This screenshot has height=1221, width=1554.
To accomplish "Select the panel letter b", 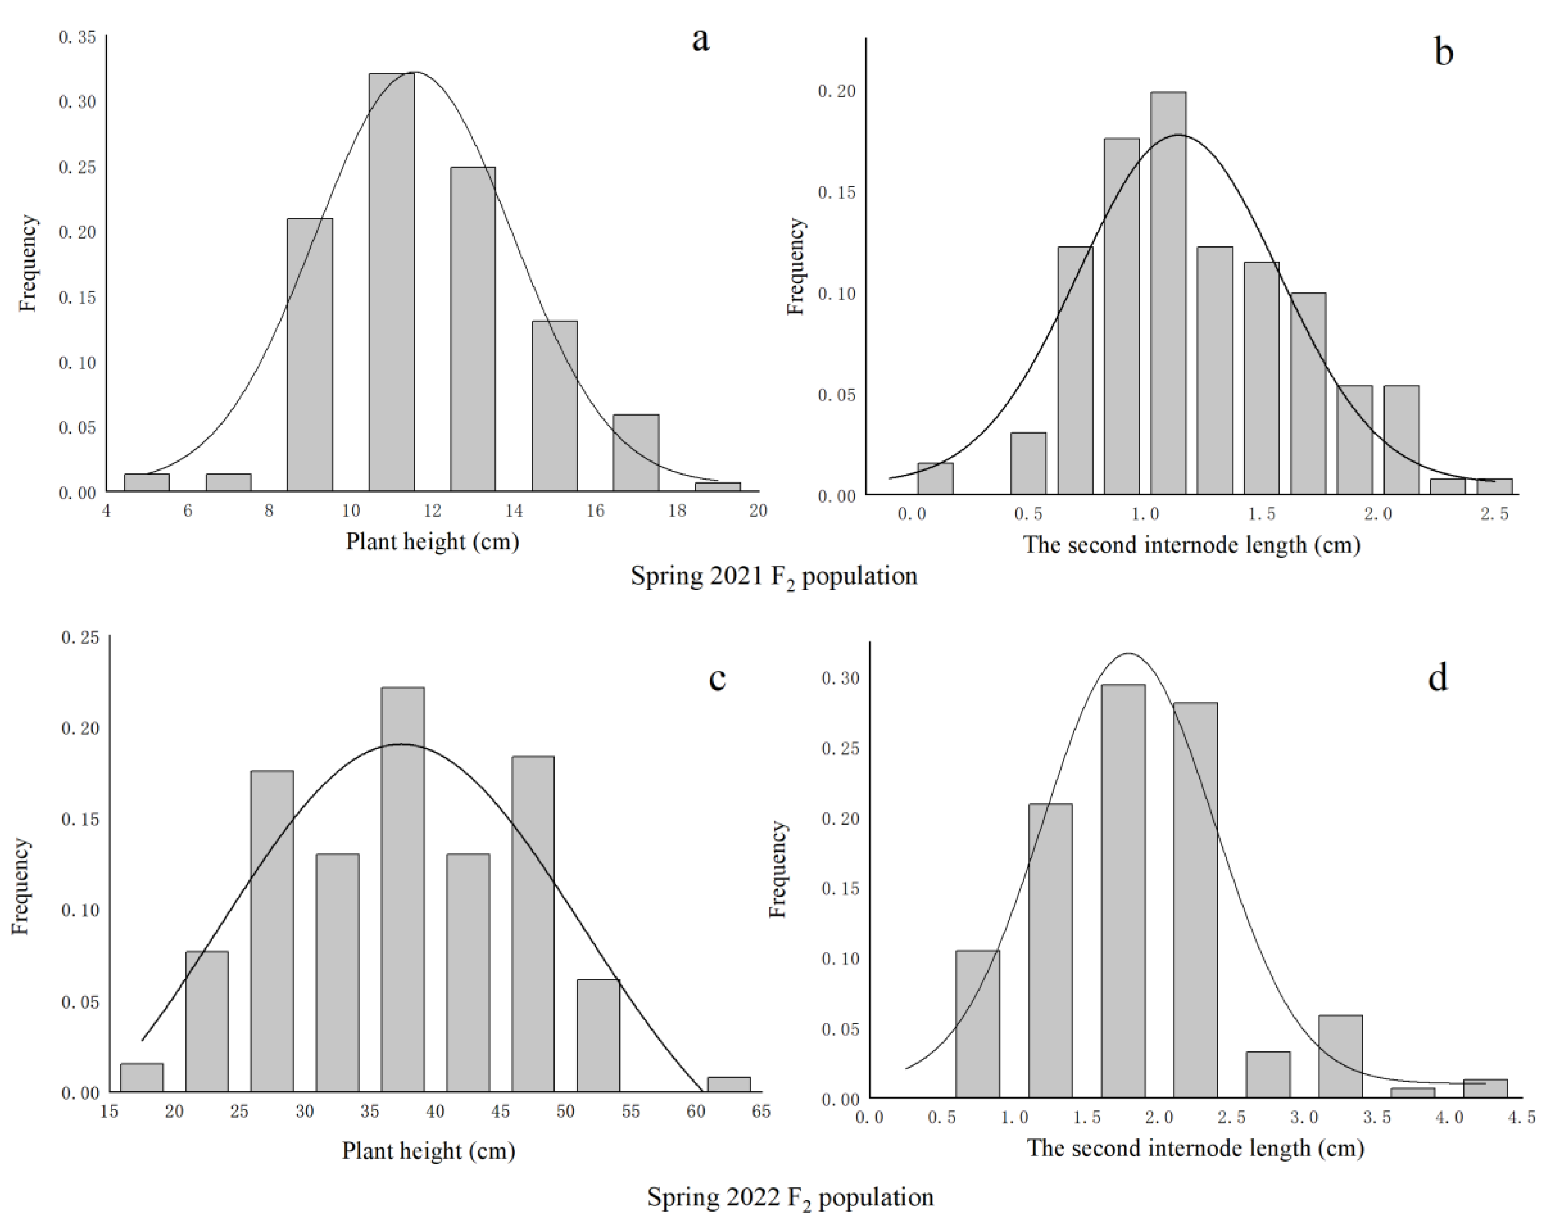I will (1443, 52).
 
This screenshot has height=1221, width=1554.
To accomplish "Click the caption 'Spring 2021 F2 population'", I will (773, 576).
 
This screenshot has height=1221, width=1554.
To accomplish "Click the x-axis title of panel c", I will (429, 1151).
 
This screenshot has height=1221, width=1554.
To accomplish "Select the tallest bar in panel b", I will (1168, 293).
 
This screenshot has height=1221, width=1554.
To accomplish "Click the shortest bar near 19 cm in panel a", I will (717, 487).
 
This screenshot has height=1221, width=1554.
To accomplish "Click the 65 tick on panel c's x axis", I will (761, 1112).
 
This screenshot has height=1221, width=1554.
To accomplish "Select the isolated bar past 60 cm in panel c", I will (729, 1085).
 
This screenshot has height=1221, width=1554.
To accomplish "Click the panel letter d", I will (1438, 677).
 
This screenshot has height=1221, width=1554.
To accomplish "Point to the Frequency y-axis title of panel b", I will (796, 267).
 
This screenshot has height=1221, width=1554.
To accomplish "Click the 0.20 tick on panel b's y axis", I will (836, 91).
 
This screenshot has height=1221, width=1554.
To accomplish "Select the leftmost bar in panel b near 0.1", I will (935, 478).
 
